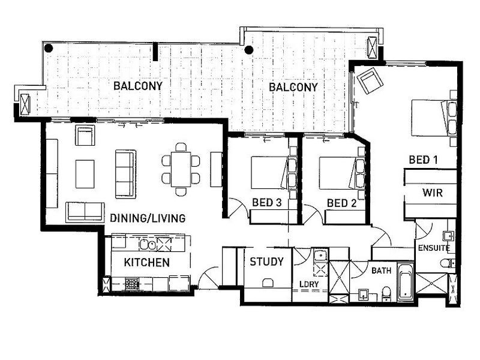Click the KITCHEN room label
pos(146,262)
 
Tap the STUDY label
pos(266,262)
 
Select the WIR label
pos(433,193)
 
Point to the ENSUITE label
pos(434,248)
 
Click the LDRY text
pos(309,284)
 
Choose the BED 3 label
pos(266,202)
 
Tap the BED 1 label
pos(424,160)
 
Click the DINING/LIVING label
pos(148,218)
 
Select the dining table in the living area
pos(181,169)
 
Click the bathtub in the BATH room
pos(406,281)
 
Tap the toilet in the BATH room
pos(386,294)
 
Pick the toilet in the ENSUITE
pos(447,263)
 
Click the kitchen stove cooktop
pos(132,284)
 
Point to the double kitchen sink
pos(148,245)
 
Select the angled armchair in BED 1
pos(370,80)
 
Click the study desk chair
pos(268,283)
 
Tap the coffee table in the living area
pos(85,174)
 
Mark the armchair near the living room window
pos(85,135)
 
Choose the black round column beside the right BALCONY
pos(249,50)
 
